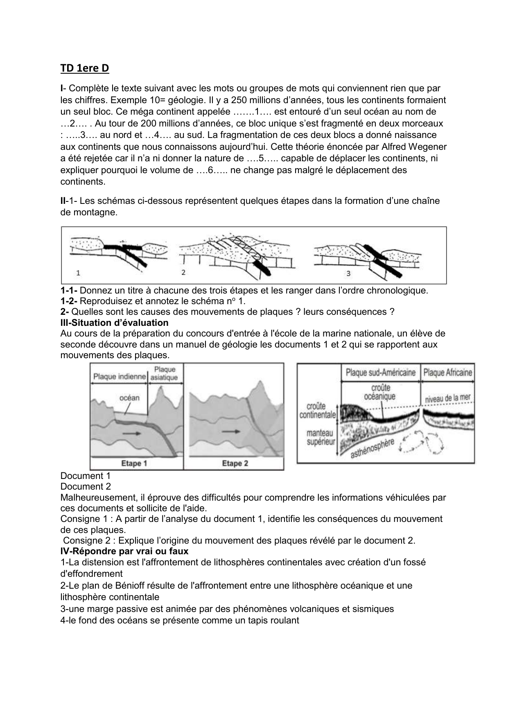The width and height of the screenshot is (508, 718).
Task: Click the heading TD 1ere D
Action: (x=85, y=68)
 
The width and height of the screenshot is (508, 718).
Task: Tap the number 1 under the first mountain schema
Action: (x=78, y=272)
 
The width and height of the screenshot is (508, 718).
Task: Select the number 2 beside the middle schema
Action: (x=183, y=272)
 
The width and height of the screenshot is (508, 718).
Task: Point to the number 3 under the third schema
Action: (x=348, y=273)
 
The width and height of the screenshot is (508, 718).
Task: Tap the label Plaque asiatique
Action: (x=164, y=373)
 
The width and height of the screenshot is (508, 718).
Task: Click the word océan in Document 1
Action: (x=129, y=397)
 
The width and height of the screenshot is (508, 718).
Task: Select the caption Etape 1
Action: (x=134, y=463)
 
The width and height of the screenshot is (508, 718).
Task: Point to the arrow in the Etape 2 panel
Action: (x=231, y=431)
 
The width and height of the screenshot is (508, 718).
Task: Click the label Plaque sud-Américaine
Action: (x=380, y=373)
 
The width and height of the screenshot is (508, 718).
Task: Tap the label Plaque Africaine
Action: (x=447, y=373)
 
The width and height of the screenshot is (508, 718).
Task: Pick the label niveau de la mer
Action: (x=448, y=398)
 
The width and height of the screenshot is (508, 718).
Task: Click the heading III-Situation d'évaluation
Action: (x=114, y=323)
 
